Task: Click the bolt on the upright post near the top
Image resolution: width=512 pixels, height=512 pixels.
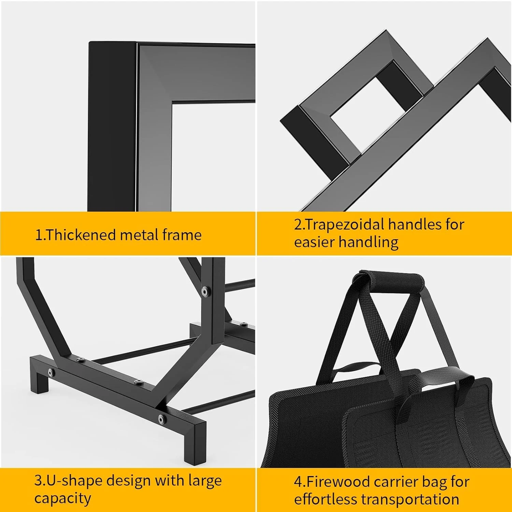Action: click(205, 291)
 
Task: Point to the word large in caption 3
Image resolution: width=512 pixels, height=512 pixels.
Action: click(205, 481)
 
